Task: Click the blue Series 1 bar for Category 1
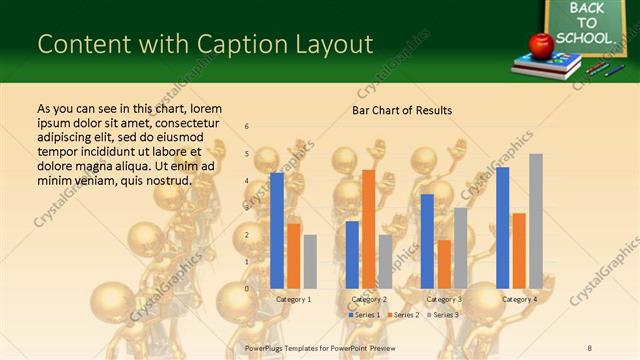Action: (x=277, y=231)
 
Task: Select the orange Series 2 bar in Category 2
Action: (x=368, y=229)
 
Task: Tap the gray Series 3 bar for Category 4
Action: (x=536, y=221)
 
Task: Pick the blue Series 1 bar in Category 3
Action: (x=427, y=241)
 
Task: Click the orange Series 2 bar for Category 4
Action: (x=519, y=251)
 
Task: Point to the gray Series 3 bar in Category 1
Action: (x=310, y=262)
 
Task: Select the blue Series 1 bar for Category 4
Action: (x=503, y=228)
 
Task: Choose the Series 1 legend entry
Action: (x=364, y=315)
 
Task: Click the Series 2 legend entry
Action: (x=404, y=315)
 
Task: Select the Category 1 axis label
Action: (x=293, y=299)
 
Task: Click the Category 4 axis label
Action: (x=519, y=299)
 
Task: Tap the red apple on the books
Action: (x=541, y=45)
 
